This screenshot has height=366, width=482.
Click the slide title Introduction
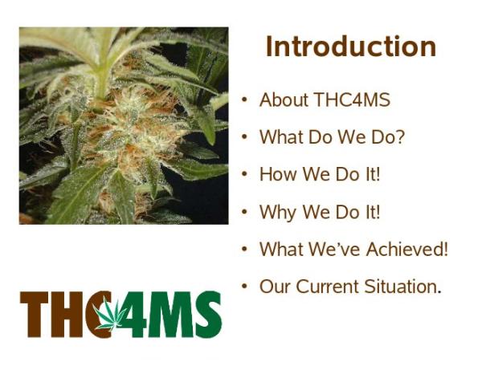point(351,47)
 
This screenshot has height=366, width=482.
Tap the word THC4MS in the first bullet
point(353,100)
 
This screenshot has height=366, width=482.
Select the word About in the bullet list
point(284,100)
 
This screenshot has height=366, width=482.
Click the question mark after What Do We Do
point(399,136)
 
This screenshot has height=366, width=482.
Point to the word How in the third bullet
point(279,174)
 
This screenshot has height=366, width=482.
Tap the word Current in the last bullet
point(328,287)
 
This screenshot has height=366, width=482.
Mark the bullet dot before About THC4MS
point(244,100)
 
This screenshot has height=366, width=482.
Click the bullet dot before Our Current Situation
point(244,287)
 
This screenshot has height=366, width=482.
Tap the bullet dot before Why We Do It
point(244,212)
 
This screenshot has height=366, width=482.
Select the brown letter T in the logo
point(34,314)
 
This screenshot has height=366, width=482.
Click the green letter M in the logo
point(170,314)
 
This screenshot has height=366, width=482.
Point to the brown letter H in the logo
point(66,314)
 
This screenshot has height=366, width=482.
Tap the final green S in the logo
point(208,314)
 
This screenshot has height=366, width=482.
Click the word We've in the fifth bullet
point(334,249)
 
